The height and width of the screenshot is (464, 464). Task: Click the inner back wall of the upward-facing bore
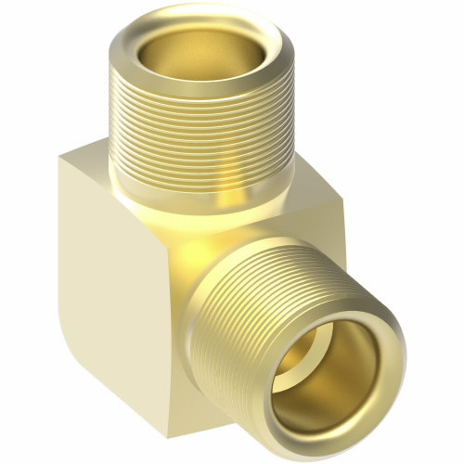[200, 37]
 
